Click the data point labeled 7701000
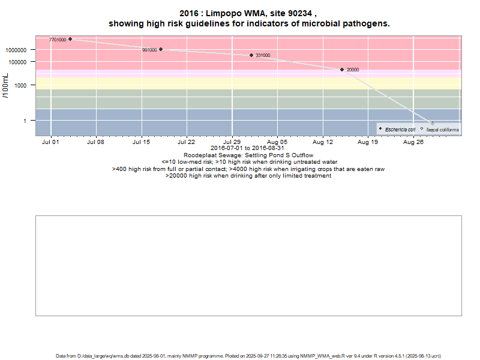click(x=70, y=39)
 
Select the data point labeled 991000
click(x=161, y=49)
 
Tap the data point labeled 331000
click(x=251, y=55)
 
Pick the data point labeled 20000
click(x=342, y=70)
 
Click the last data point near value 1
click(x=433, y=123)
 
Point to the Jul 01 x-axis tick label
click(x=50, y=143)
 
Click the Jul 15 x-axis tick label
click(x=141, y=143)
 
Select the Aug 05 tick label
click(x=277, y=143)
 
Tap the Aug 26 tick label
click(x=413, y=143)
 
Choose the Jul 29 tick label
click(x=232, y=143)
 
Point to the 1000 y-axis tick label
click(x=27, y=85)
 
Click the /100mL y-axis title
click(x=6, y=85)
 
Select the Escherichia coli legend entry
click(x=400, y=130)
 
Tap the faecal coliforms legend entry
click(x=443, y=130)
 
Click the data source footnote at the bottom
click(x=248, y=355)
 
